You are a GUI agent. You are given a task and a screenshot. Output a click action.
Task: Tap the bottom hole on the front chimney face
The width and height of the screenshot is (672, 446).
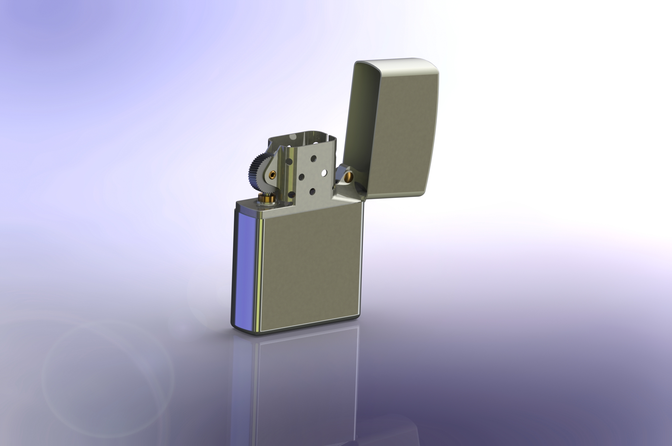[312, 192]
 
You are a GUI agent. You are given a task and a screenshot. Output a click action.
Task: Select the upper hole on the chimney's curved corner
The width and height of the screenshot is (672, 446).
[289, 162]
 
